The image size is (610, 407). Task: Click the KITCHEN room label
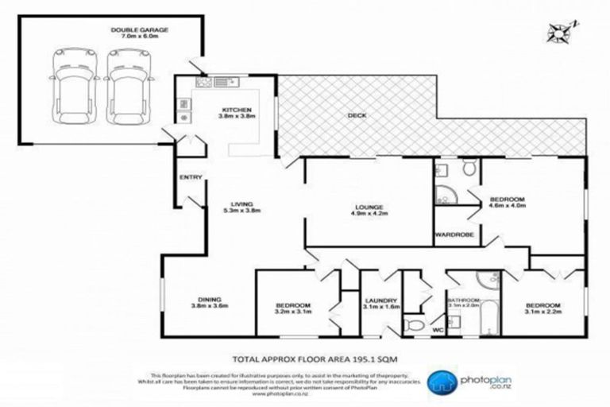237,109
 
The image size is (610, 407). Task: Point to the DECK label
357,115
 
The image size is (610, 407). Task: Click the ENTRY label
191,177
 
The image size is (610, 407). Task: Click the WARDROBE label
454,235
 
